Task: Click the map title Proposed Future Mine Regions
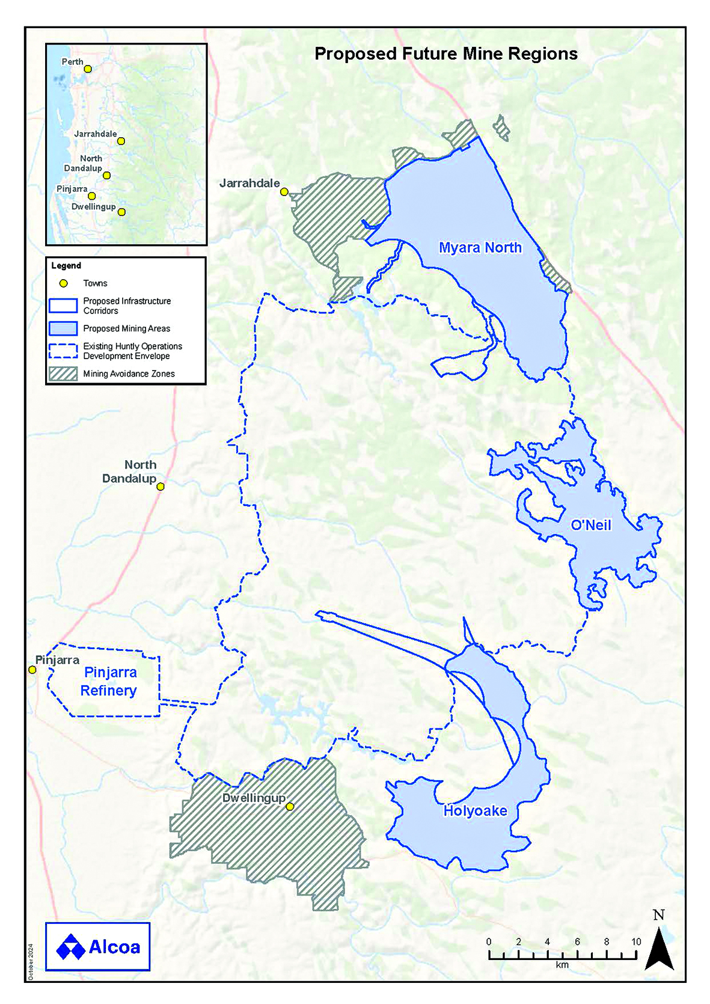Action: click(x=445, y=54)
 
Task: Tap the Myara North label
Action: click(x=480, y=248)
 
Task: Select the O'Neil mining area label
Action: click(x=590, y=525)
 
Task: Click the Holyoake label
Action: click(x=475, y=811)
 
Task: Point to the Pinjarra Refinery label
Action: click(x=109, y=682)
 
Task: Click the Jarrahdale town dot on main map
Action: click(x=284, y=192)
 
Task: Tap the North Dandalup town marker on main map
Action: click(x=161, y=487)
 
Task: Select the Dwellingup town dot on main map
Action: click(x=290, y=807)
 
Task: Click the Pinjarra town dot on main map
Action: click(x=32, y=670)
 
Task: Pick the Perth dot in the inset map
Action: click(x=88, y=69)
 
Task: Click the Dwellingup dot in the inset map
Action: click(x=122, y=212)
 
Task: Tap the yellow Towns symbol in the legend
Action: click(x=63, y=283)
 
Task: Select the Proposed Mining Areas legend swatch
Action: click(x=63, y=328)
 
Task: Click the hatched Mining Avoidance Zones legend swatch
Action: click(x=63, y=374)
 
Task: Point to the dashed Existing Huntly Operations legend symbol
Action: click(x=63, y=351)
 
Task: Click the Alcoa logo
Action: click(x=98, y=947)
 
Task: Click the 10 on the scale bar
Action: click(x=636, y=942)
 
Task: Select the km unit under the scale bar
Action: click(x=562, y=965)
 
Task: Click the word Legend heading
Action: click(x=66, y=266)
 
